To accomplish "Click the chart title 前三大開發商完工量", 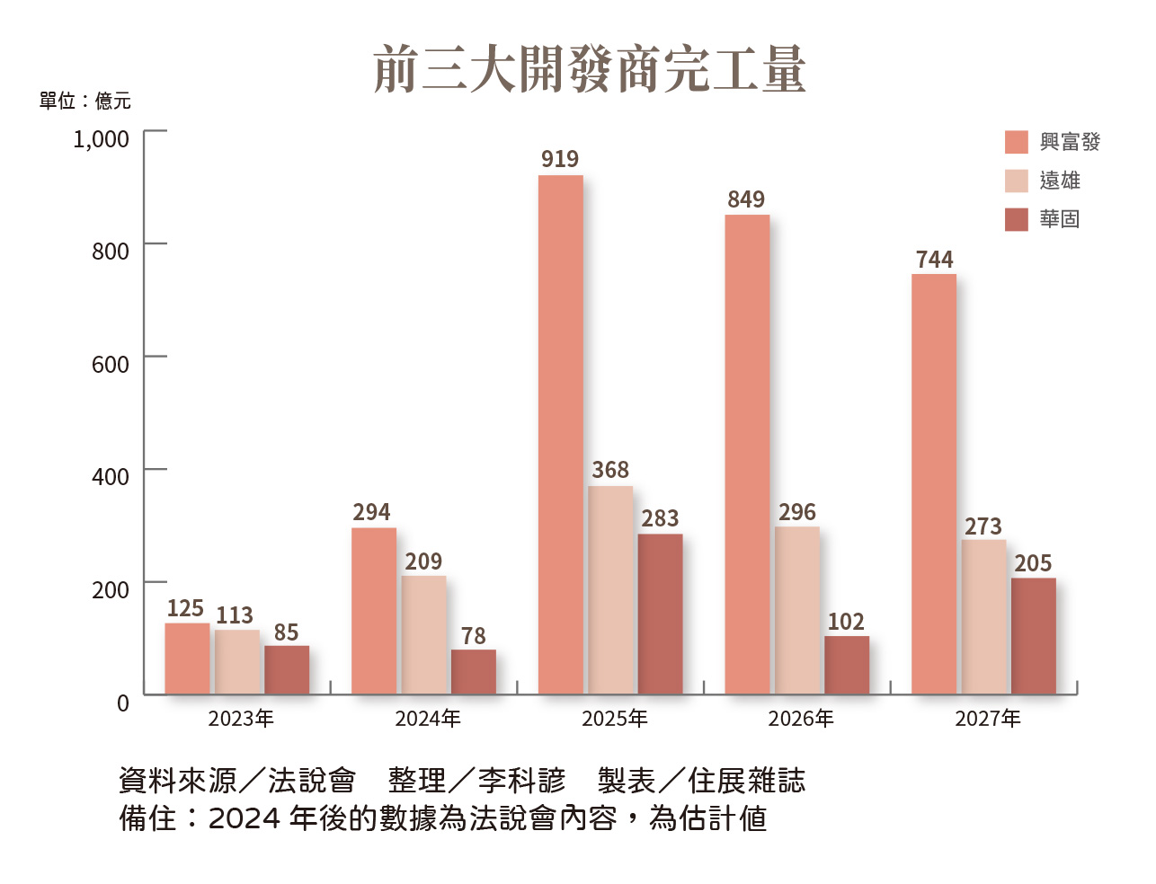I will pos(589,70).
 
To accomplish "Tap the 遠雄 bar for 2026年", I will pos(797,610).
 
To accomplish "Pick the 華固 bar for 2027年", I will pos(1034,636).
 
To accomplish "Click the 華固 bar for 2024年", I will pos(474,672).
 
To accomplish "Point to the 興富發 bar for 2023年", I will pos(187,659).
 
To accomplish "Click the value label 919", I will pos(560,159).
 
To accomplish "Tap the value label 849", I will pos(746,199).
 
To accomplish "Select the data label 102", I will pos(846,622).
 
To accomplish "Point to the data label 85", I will pos(286,632).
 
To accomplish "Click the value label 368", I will pos(610,470).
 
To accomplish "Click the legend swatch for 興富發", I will pos(1017,142).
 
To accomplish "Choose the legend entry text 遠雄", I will pos(1060,181).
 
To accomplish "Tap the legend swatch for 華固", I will pos(1017,219).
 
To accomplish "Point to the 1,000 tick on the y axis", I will pos(102,139).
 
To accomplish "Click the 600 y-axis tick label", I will pos(111,365).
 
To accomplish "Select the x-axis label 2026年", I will pos(801,719).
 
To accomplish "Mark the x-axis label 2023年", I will pos(241,719).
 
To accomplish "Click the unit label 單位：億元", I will pos(85,101).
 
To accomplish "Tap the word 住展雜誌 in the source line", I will pos(747,781).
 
